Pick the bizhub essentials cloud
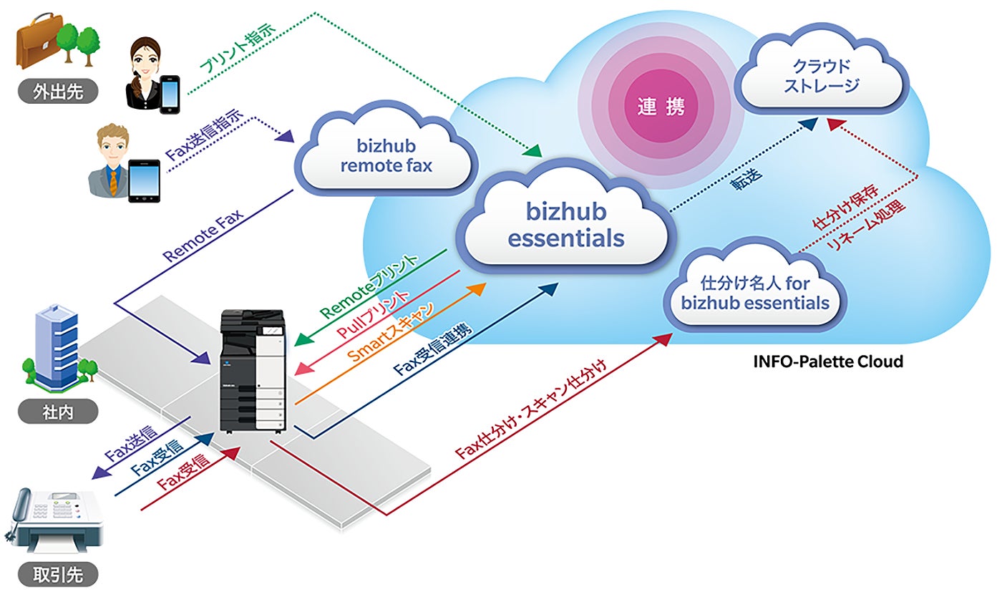(x=566, y=225)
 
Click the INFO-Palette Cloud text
(x=828, y=361)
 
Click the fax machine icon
(x=54, y=520)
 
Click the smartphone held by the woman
(x=170, y=92)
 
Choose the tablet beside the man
(x=144, y=180)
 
